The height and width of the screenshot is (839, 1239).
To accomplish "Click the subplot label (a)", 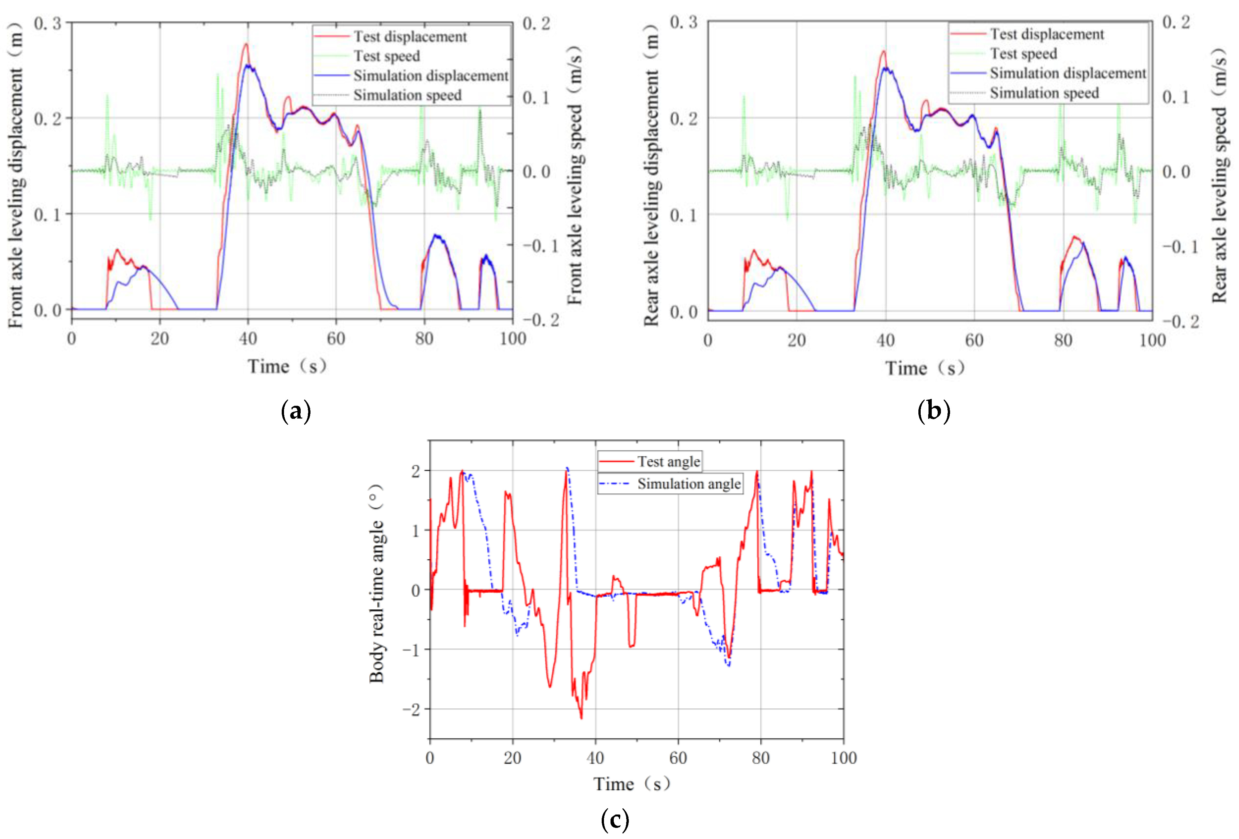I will pos(295,411).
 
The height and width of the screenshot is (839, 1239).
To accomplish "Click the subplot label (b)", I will pos(933,411).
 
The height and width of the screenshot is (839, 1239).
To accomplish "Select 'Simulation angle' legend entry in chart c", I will pos(688,484).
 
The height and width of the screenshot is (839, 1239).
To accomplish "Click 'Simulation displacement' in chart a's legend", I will pos(430,76).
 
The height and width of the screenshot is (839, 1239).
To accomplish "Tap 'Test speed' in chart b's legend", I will pos(1023,54).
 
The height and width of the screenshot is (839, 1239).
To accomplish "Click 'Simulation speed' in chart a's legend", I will pos(407,95).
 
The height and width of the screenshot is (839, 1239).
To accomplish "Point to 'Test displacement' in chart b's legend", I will pos(1046,34).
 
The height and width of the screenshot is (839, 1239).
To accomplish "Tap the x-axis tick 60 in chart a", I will pos(336,339).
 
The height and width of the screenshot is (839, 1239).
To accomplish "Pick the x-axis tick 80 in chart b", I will pos(1063,341).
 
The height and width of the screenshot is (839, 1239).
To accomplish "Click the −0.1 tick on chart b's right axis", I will pos(1180,247).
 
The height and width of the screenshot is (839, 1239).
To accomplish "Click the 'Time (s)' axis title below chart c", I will pos(632,784).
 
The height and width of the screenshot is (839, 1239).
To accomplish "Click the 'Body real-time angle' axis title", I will pos(377,584).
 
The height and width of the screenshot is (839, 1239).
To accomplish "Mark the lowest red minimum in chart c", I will pos(581,718).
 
